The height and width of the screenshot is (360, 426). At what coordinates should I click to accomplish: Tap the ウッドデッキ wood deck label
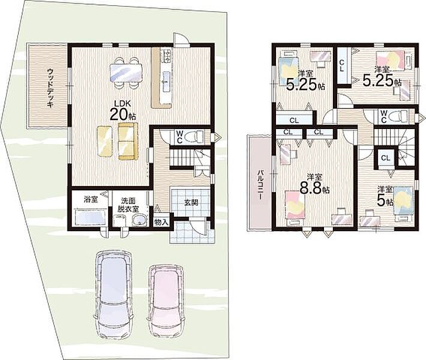[51, 88]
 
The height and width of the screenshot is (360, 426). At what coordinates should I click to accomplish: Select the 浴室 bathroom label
[91, 200]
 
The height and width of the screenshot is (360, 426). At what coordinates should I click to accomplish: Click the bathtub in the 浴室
[91, 217]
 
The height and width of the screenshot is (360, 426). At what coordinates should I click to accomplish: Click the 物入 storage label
[161, 222]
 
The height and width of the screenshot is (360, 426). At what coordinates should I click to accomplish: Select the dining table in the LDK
[126, 73]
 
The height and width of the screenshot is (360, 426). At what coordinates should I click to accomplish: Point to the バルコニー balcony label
[261, 184]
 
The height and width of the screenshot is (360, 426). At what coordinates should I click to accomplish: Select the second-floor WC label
[384, 116]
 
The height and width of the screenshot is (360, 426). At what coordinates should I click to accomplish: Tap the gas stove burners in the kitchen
[166, 55]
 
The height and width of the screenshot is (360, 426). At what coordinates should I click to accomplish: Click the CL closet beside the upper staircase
[386, 158]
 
